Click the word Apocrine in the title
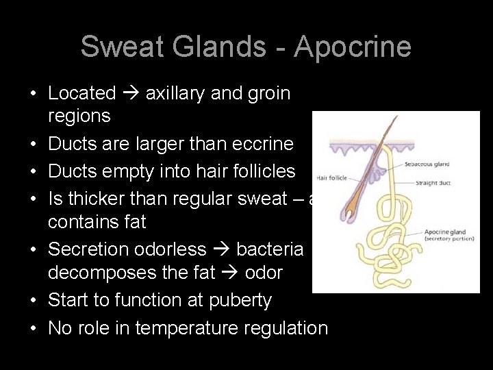353,47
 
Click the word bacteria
270,249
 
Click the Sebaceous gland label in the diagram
427,164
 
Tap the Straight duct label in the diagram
433,183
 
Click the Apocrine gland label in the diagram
445,232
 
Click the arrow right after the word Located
130,93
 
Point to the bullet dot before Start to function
33,301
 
